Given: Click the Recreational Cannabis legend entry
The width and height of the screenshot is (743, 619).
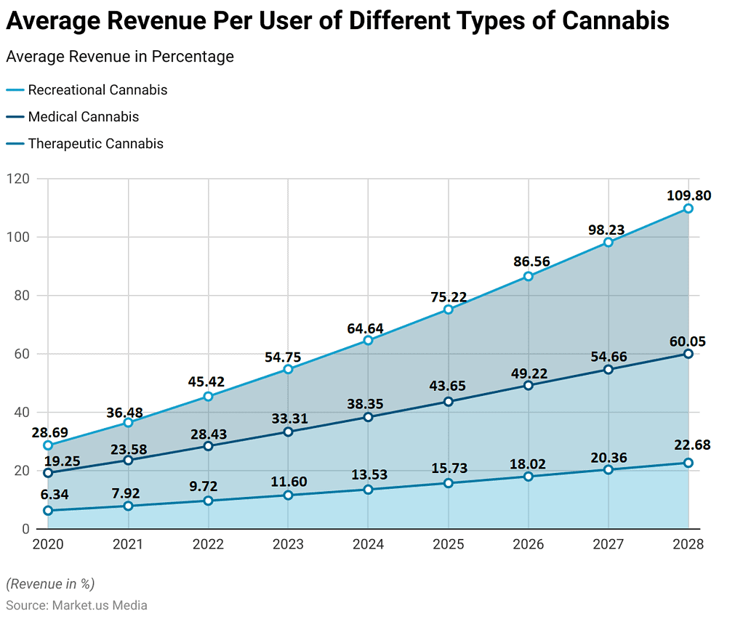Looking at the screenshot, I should (97, 90).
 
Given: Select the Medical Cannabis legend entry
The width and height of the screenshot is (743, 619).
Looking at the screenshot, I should (83, 117).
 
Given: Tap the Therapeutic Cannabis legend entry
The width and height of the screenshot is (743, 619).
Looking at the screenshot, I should (95, 144).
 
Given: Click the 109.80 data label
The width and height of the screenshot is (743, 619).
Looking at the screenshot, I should (688, 195).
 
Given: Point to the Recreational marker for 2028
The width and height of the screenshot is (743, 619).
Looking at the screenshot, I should (688, 209).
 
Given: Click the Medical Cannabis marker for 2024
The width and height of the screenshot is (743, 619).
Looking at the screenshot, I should (368, 417).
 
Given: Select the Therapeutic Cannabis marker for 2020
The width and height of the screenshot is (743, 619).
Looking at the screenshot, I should (48, 510).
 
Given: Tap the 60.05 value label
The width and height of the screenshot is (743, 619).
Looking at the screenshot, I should (688, 341).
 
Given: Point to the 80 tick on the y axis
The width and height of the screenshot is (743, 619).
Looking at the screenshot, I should (28, 296).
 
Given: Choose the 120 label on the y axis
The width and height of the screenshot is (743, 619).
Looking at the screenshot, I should (25, 179).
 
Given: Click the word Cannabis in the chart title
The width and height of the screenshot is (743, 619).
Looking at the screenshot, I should (615, 21).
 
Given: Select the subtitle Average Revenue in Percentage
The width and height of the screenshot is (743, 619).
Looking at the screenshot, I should (120, 57).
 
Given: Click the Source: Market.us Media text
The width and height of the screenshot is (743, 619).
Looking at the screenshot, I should (76, 605).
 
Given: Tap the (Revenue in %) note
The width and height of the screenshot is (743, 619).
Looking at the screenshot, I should (50, 584).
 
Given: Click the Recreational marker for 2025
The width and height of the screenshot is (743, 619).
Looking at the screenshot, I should (448, 309).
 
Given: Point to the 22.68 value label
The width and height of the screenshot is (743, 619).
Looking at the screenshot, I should (688, 445).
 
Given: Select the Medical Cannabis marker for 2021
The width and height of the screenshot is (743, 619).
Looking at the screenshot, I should (128, 460).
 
